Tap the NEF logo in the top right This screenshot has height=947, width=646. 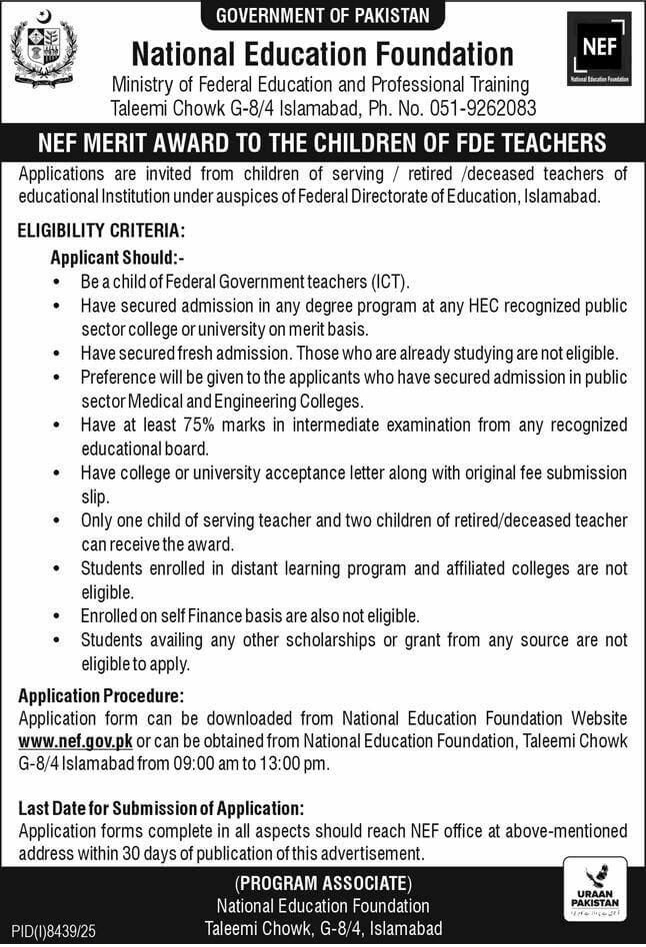point(598,49)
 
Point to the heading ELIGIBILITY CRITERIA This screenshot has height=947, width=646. point(100,230)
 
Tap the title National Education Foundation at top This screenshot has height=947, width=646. point(323,53)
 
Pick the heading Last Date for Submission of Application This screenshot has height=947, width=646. point(161,808)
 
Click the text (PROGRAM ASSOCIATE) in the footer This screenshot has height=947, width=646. point(323,883)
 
